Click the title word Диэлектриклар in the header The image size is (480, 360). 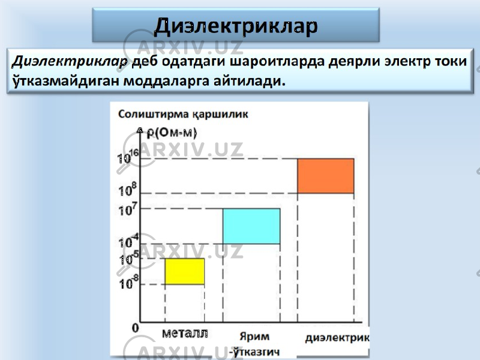tap(236, 26)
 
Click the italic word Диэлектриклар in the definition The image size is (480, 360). tap(70, 62)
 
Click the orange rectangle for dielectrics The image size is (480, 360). tap(326, 176)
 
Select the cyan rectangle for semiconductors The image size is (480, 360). tap(251, 226)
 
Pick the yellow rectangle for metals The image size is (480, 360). tap(185, 272)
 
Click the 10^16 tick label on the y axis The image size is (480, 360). tap(128, 157)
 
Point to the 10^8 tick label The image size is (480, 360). tap(127, 190)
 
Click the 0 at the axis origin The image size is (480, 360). tap(136, 328)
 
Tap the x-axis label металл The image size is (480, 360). tap(185, 333)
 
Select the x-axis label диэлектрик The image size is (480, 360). tap(337, 338)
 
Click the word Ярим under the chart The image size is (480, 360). tap(254, 337)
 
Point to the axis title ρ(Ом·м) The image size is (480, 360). tap(172, 133)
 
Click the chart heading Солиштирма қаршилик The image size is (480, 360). tap(183, 115)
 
